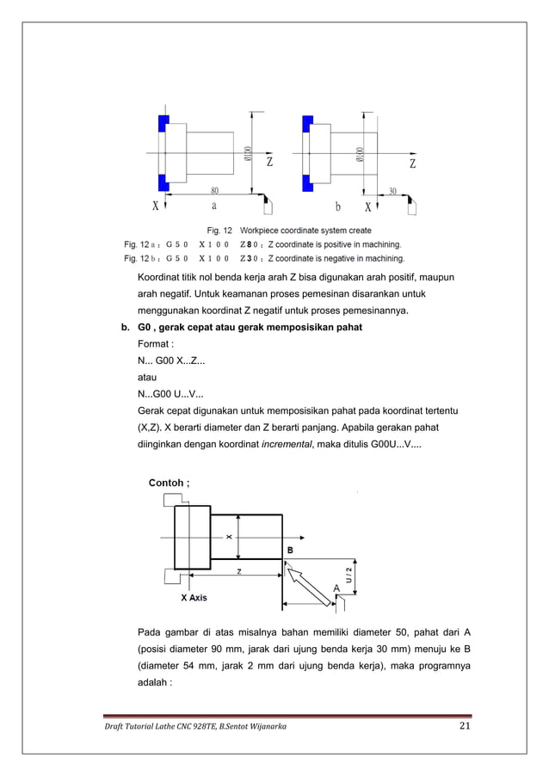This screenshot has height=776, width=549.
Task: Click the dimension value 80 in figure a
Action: coord(213,190)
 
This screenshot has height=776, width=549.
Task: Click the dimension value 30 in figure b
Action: coord(392,190)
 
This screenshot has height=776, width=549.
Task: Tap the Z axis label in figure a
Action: coord(270,162)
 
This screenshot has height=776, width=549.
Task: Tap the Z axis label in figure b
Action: coord(413,162)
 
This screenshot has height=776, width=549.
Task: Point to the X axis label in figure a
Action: coord(155,206)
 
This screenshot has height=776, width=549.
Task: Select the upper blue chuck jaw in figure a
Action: coord(163,123)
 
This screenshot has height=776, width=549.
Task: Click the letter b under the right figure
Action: coord(338,206)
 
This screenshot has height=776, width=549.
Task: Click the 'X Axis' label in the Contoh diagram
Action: coord(194,597)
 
